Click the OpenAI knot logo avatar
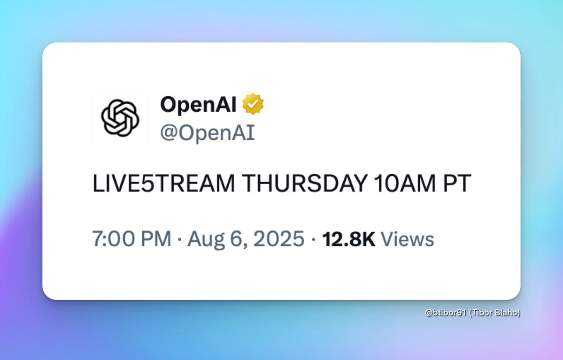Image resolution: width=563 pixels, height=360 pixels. [120, 117]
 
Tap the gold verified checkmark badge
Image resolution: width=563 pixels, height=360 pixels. [253, 104]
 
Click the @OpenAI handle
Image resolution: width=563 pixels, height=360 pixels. [207, 133]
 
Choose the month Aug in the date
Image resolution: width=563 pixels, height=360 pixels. [205, 239]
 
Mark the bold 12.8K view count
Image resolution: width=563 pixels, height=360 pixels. [348, 239]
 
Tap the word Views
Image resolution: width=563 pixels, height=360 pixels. [407, 239]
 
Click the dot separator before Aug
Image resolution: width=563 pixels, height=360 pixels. [179, 240]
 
